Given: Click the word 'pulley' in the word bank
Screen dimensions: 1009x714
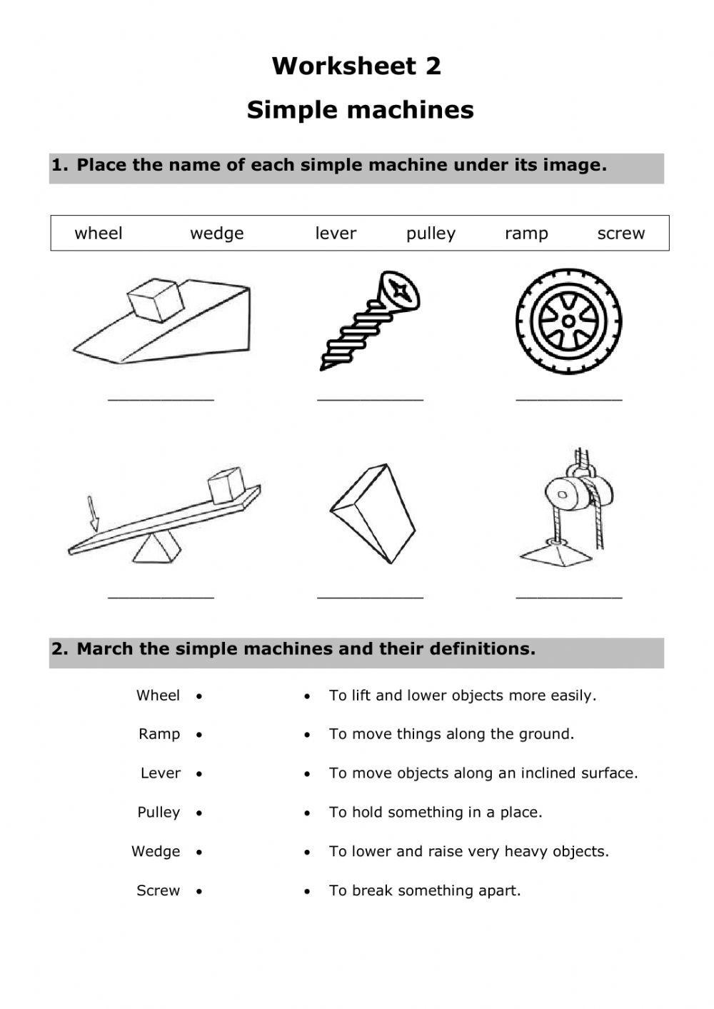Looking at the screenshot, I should pos(431,234).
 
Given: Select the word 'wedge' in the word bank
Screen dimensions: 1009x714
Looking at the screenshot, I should pos(216,234).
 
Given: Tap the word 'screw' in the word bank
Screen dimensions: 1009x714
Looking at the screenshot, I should pos(620,234).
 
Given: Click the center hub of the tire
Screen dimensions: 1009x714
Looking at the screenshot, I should pos(568,321).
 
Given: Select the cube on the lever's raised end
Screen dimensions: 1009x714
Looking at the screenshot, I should pos(226,486).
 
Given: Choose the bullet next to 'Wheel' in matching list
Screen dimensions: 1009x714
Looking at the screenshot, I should pos(199,696).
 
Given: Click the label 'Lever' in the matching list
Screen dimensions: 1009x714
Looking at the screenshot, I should pos(161,773).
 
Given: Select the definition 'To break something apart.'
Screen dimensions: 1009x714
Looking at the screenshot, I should pos(425,890).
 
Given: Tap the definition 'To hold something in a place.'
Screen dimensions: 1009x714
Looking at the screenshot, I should pos(436,813).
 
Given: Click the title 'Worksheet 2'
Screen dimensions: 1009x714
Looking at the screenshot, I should pos(356,66).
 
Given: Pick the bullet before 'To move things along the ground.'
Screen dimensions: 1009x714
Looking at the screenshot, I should pos(307,735).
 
